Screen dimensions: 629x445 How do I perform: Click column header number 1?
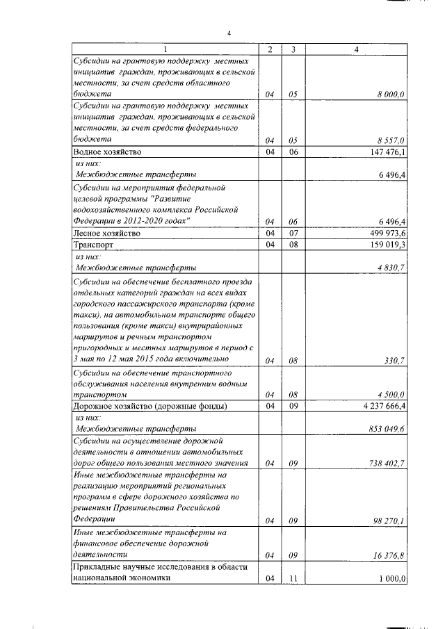165,49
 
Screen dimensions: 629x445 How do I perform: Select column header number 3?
294,49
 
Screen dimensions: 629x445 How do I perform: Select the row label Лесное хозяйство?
102,234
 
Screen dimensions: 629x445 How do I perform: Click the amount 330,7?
395,360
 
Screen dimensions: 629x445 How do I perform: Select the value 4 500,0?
391,395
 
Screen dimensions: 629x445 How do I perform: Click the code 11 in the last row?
294,578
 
